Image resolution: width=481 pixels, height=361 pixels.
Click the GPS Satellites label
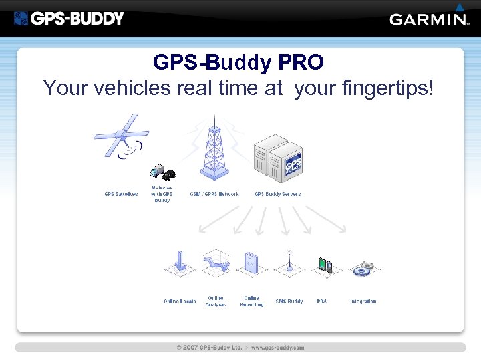121,194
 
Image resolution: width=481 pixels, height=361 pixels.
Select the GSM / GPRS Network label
214,194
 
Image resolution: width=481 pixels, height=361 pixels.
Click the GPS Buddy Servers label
277,194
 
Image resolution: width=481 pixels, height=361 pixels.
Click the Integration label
363,302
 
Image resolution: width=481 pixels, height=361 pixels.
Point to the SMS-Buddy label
289,302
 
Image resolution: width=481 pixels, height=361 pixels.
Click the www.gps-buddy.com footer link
277,348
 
